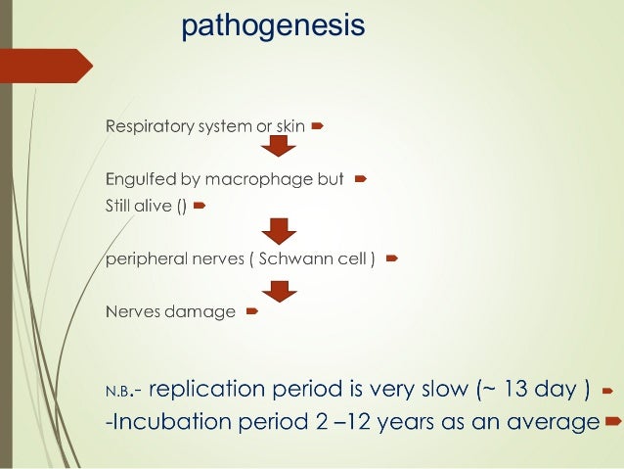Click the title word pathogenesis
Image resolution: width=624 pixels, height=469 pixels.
coord(273,24)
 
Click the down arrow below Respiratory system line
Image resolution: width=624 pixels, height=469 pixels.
coord(278,147)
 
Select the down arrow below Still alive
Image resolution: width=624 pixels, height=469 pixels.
coord(278,231)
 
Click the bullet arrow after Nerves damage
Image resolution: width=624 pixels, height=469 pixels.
coord(251,312)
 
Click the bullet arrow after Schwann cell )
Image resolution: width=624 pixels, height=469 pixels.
coord(391,259)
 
